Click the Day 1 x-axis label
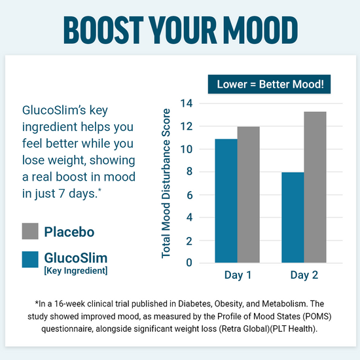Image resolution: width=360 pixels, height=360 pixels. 238,276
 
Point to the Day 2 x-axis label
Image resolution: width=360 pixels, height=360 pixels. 304,276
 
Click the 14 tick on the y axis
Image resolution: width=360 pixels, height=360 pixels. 187,103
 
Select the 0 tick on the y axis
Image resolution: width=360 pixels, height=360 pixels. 190,263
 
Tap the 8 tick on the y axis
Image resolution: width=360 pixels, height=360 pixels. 190,172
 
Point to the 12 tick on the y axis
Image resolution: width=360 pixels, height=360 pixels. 187,126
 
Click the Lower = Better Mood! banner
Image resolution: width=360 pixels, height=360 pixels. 270,84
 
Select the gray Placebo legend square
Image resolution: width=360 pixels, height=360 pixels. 30,231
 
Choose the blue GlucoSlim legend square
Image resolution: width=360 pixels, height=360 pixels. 30,260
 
